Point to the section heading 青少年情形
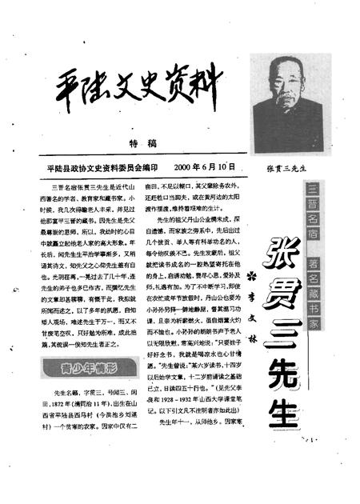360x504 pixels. pyautogui.click(x=77, y=370)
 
